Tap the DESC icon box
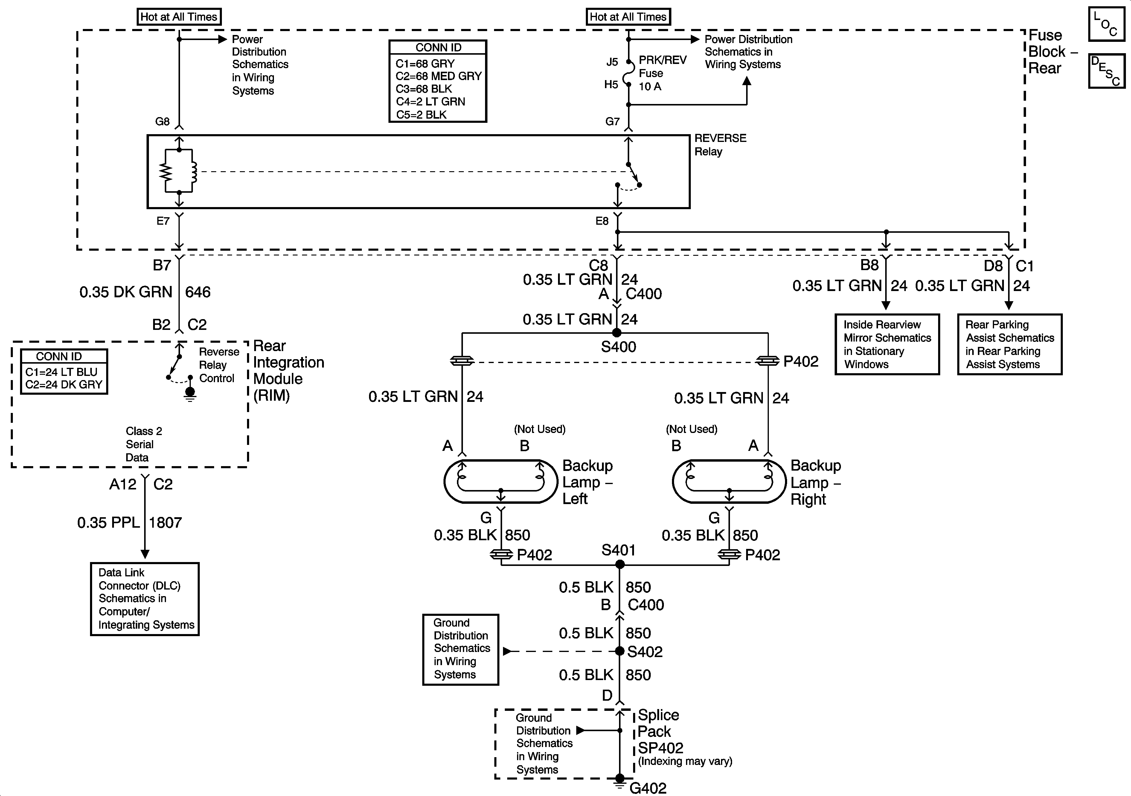click(1107, 71)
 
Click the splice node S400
click(616, 333)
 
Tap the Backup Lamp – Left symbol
click(501, 481)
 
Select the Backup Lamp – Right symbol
click(729, 481)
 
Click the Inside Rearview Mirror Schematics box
click(887, 344)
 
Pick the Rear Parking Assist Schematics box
click(1010, 344)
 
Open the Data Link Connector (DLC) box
click(145, 599)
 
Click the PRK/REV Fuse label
click(663, 73)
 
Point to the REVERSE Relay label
click(720, 145)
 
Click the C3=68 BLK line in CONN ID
click(424, 89)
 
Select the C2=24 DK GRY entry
click(63, 385)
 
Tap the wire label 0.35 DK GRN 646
click(145, 292)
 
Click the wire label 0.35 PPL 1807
click(129, 522)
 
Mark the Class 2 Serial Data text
click(143, 444)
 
